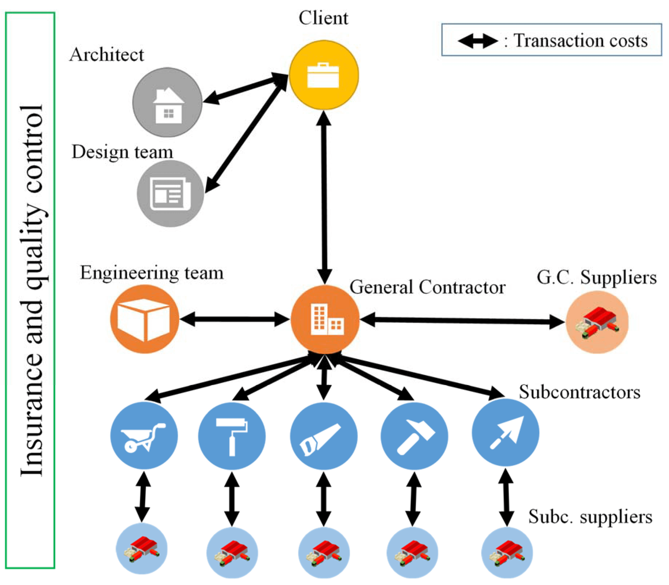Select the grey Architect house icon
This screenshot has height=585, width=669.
pos(167,102)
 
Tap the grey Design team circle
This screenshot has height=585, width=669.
pos(170,194)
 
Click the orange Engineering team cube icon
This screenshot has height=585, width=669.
pos(144,319)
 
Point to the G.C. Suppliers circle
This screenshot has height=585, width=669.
pos(597,322)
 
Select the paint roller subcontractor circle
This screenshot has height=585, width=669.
pos(232,436)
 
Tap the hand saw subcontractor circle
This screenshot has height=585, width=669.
pos(324,436)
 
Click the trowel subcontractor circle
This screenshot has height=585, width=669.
pos(505,433)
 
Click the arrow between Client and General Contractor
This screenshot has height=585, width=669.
pos(324,196)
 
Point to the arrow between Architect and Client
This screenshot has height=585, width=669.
pos(245,89)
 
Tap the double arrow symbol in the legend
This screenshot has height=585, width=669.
pos(478,41)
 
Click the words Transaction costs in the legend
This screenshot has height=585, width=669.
pos(580,41)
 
